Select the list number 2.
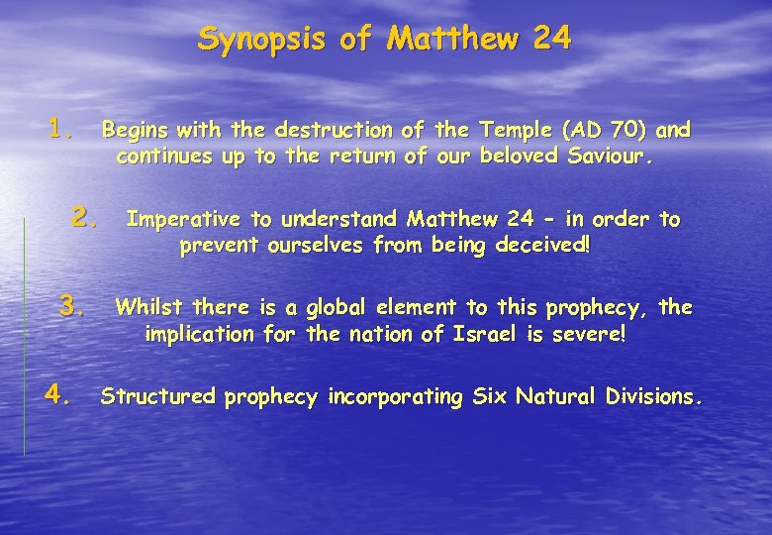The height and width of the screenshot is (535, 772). coord(85,216)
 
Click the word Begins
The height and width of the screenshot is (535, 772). coord(135,131)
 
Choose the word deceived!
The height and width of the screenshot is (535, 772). coord(539,246)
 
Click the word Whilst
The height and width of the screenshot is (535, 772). coord(146,307)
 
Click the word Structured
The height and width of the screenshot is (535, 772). coord(158,397)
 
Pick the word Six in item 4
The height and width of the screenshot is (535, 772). coord(488,397)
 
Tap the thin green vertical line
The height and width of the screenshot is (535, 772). coord(24,337)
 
